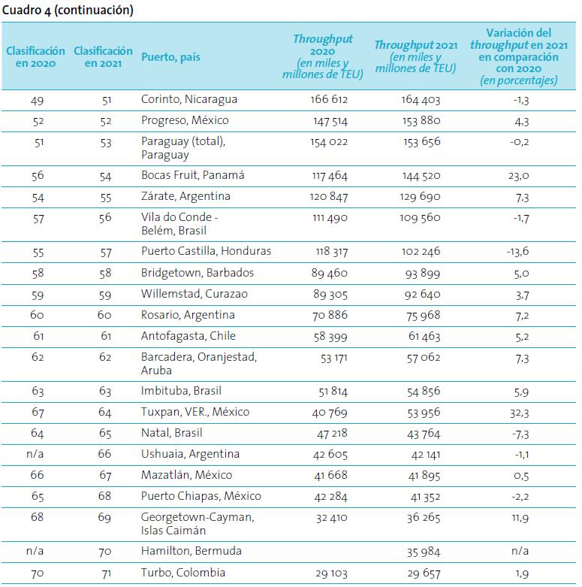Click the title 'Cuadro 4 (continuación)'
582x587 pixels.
coord(68,10)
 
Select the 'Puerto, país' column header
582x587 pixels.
coord(170,57)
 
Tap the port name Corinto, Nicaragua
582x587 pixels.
coord(189,99)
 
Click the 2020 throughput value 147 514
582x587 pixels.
coord(330,121)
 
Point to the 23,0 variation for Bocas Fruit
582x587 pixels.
coord(518,176)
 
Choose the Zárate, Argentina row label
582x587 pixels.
coord(185,196)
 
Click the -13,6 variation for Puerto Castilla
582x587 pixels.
coord(517,251)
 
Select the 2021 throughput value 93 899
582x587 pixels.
coord(423,274)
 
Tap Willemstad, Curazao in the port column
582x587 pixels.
coord(194,294)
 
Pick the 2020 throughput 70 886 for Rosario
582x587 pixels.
coord(330,315)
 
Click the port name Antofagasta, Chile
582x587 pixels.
coord(188,336)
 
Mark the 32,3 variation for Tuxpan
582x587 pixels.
coord(519,413)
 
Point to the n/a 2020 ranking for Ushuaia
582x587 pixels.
coord(35,454)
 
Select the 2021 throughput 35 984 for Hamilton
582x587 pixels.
coord(424,552)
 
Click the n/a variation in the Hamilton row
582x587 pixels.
coord(520,551)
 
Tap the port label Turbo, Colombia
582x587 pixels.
coord(183,573)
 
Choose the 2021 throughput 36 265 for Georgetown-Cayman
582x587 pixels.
coord(424,518)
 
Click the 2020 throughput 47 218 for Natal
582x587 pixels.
coord(332,434)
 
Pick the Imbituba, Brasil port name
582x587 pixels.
coord(181,391)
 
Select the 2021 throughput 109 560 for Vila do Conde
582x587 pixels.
coord(420,217)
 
